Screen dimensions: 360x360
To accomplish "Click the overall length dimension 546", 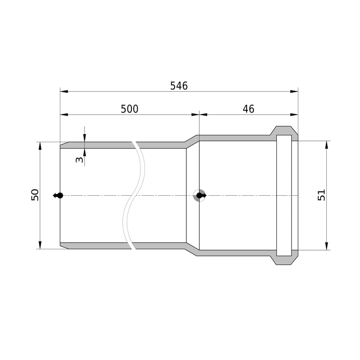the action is [179, 85].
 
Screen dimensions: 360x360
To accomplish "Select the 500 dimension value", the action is [130, 109].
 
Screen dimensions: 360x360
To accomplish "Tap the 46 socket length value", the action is [248, 109].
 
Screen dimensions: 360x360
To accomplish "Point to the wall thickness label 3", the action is [80, 159].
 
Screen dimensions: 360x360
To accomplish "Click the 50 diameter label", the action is [35, 195].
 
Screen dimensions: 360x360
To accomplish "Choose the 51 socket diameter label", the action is [321, 195].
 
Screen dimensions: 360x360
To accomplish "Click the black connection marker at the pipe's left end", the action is [58, 196].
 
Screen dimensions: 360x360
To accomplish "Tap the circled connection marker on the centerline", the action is [199, 196].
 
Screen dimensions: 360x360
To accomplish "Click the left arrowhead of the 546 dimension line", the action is [64, 91].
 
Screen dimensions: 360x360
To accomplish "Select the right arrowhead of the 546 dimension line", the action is [294, 91].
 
